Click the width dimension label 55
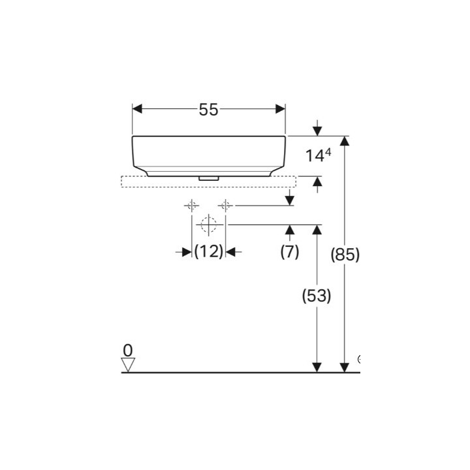(x=209, y=110)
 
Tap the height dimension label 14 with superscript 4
(x=318, y=155)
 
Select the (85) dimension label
(x=345, y=255)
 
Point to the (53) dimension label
(x=317, y=296)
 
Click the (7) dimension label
(x=290, y=251)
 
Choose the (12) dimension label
(x=209, y=251)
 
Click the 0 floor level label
(x=128, y=350)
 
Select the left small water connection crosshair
(x=191, y=206)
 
